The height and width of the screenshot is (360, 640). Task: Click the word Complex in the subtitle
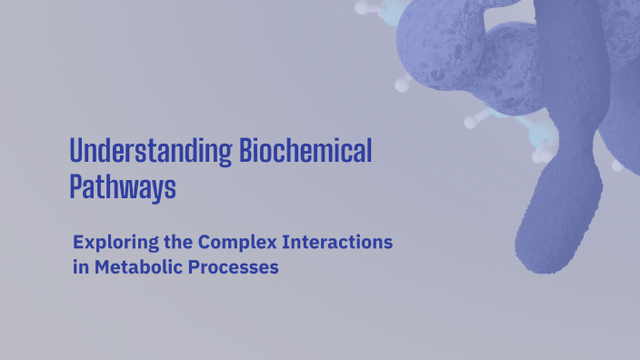(243, 244)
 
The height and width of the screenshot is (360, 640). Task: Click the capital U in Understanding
(77, 151)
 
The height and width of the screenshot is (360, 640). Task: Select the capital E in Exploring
(78, 244)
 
